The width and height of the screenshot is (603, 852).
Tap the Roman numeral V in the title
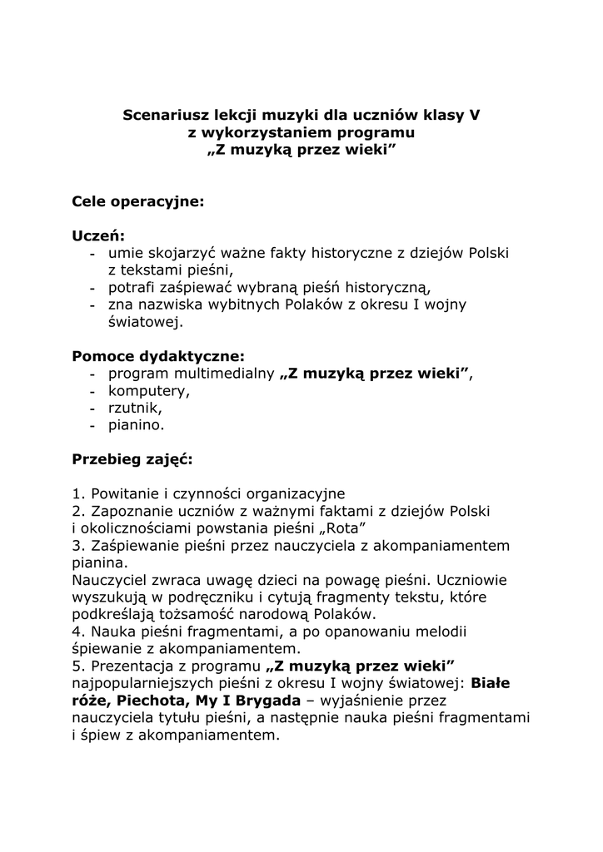(475, 115)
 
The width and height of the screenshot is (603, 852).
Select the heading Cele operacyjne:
(137, 201)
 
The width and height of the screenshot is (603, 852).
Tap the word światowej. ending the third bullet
(145, 322)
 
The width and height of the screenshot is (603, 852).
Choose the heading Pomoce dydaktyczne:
(158, 356)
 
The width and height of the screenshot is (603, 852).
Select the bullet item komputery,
(148, 390)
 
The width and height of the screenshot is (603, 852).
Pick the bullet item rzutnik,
(135, 408)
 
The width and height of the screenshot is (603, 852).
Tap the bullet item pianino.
(136, 425)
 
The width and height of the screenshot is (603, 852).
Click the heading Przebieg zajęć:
(132, 459)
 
